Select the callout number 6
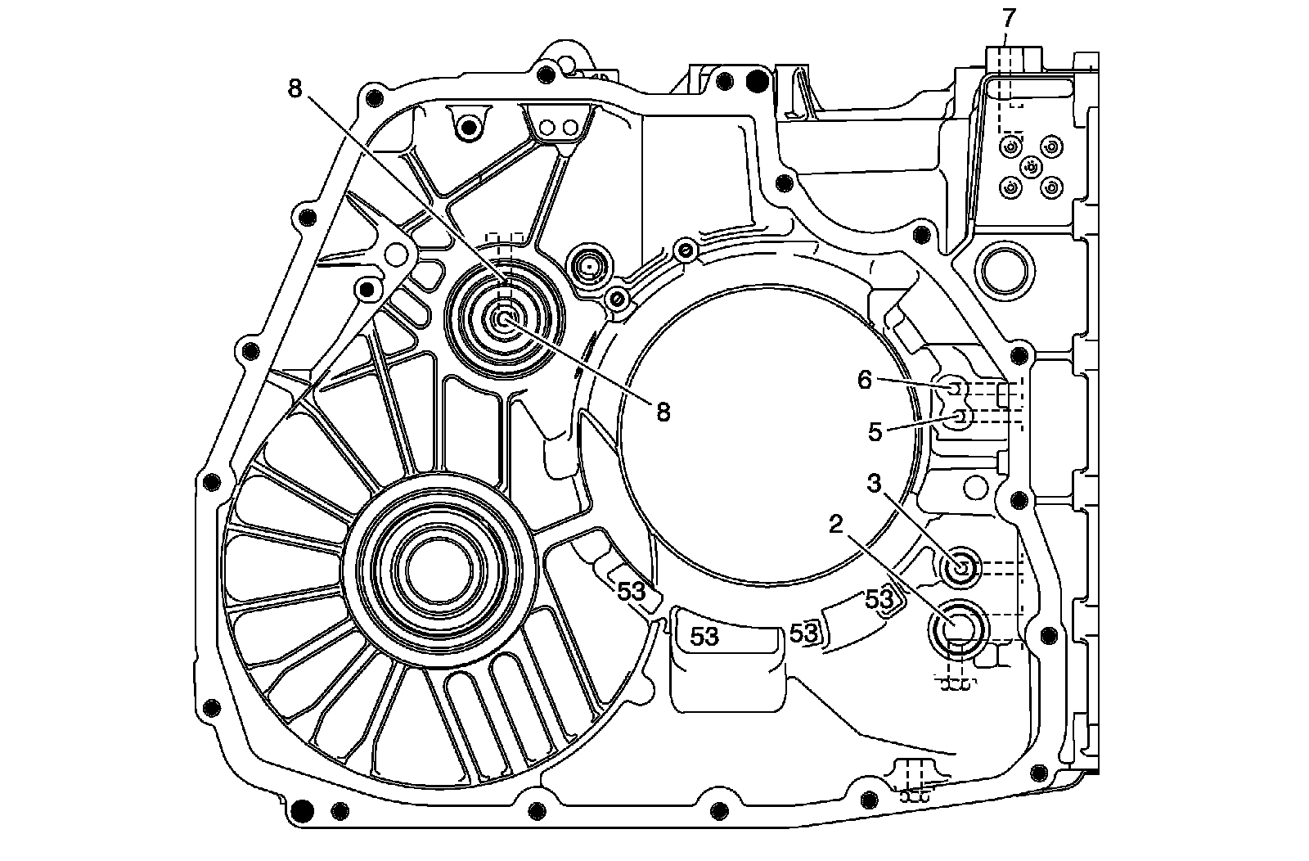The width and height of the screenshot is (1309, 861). [x=866, y=379]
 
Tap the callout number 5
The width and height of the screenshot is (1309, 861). [x=875, y=432]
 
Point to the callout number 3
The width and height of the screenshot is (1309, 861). [x=875, y=485]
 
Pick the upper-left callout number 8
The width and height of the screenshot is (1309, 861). [x=295, y=88]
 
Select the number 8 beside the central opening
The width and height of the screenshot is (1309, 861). [x=663, y=412]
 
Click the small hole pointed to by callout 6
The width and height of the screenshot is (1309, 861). [x=955, y=386]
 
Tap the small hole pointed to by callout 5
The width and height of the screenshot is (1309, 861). [x=961, y=417]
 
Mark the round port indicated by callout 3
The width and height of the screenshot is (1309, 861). [x=960, y=566]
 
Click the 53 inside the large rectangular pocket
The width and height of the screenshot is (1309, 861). [x=704, y=635]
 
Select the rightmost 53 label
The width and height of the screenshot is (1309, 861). [x=879, y=599]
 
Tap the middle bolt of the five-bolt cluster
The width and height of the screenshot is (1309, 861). [x=1031, y=167]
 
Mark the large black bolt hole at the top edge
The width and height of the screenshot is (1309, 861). [x=758, y=81]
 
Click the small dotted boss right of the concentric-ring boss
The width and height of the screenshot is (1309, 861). [x=589, y=267]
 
